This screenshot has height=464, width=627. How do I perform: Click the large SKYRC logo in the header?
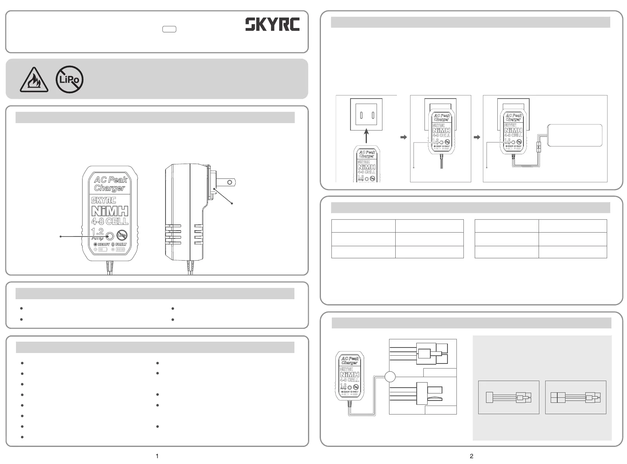272,25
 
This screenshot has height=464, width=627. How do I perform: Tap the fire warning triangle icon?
34,80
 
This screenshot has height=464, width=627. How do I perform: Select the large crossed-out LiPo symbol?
69,79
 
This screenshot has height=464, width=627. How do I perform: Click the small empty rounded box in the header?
169,29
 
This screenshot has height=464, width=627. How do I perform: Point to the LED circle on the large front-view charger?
110,236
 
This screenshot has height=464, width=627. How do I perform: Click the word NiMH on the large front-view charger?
110,211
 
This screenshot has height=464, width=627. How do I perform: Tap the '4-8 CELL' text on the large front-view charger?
110,221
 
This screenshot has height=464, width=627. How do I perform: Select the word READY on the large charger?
104,244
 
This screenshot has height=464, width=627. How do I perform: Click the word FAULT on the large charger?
121,244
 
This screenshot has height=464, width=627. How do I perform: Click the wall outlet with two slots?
366,115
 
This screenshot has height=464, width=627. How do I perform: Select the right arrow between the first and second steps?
403,137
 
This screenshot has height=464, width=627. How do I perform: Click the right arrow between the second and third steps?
477,137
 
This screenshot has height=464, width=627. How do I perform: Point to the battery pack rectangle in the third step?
575,135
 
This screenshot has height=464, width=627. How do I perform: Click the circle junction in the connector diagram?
390,377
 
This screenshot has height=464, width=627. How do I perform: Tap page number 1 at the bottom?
157,456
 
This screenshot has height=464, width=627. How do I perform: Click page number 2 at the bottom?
472,456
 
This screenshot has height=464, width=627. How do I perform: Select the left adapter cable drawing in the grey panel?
509,397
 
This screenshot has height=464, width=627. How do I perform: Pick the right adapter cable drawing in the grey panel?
576,397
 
